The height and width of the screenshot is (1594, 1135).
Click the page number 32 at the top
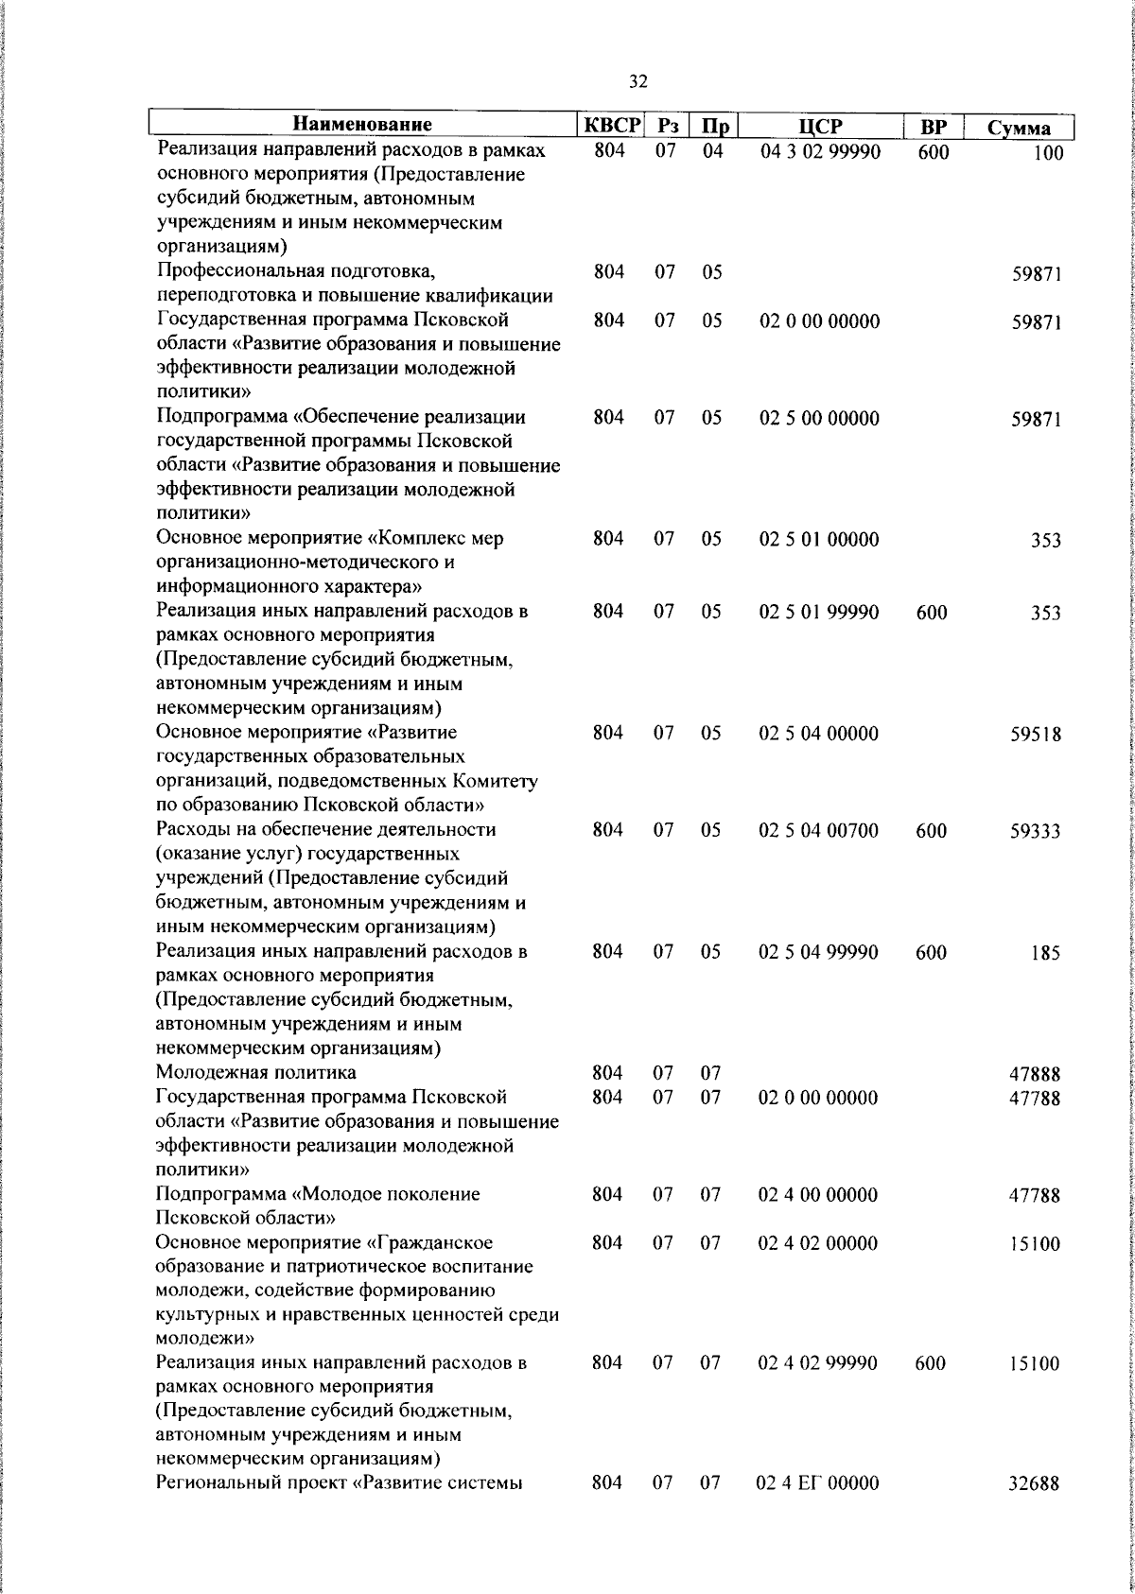click(637, 82)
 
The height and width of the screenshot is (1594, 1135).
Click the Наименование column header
click(362, 124)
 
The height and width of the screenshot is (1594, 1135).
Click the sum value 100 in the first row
click(1047, 154)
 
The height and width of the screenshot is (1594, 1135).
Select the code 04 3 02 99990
click(820, 151)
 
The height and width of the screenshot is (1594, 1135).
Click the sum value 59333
click(1035, 832)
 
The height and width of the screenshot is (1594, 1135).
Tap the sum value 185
click(1045, 953)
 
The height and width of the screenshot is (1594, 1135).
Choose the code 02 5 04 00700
click(818, 830)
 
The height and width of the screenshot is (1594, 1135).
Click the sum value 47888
click(1035, 1075)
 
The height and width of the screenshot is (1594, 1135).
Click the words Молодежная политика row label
click(256, 1073)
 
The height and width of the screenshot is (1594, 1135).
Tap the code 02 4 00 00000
click(818, 1195)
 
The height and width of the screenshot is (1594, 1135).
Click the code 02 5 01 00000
click(819, 540)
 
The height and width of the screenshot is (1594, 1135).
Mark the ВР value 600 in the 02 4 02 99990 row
click(931, 1363)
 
